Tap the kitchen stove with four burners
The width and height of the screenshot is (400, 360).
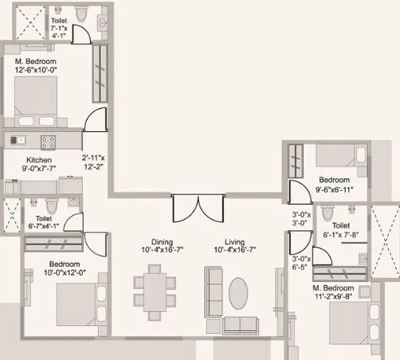pos(48,141)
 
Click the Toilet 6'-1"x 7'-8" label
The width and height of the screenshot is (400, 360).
pos(341,229)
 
